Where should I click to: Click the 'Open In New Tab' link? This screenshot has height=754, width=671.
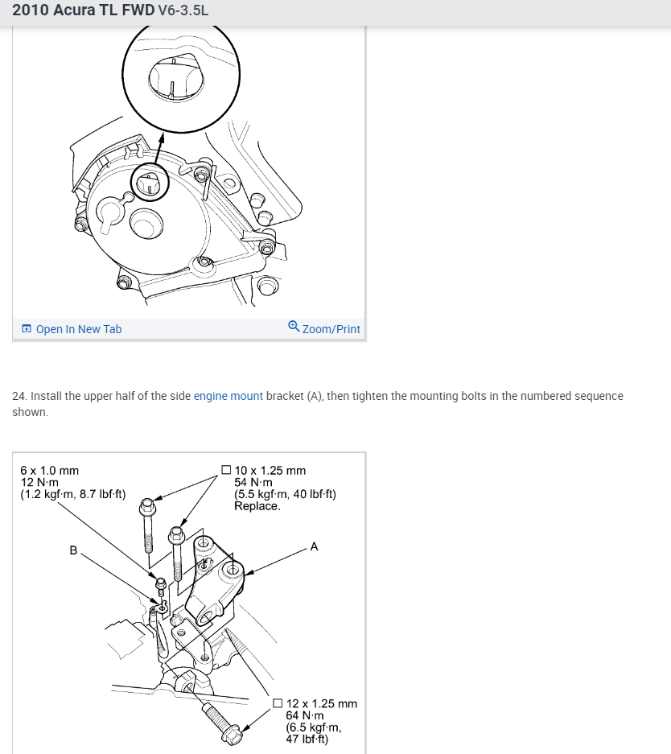coord(78,329)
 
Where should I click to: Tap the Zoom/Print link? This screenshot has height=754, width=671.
coord(331,329)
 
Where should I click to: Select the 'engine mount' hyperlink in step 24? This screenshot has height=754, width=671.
coord(228,396)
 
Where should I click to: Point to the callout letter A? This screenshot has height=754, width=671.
coord(314,546)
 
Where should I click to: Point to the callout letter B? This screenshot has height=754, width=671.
coord(73,551)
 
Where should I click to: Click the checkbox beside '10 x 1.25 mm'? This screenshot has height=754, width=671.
coord(226,470)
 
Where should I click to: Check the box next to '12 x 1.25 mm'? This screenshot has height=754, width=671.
coord(278,703)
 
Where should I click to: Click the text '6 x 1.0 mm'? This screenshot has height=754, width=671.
coord(49,470)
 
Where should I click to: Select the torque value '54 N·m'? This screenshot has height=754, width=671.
coord(254,482)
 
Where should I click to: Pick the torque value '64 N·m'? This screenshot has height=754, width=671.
coord(306,715)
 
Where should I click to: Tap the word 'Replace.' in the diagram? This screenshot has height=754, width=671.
coord(257,506)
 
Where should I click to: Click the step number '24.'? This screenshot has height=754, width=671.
coord(20,396)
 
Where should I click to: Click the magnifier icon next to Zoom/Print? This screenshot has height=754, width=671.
coord(294,327)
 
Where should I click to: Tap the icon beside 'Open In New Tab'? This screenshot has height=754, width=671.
coord(27,329)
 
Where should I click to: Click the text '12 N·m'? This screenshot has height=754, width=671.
coord(39,482)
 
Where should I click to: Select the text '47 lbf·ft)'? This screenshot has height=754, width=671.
coord(307,740)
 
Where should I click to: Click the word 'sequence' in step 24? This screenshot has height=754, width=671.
coord(600,396)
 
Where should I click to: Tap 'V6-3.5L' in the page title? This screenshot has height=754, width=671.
coord(183,12)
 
